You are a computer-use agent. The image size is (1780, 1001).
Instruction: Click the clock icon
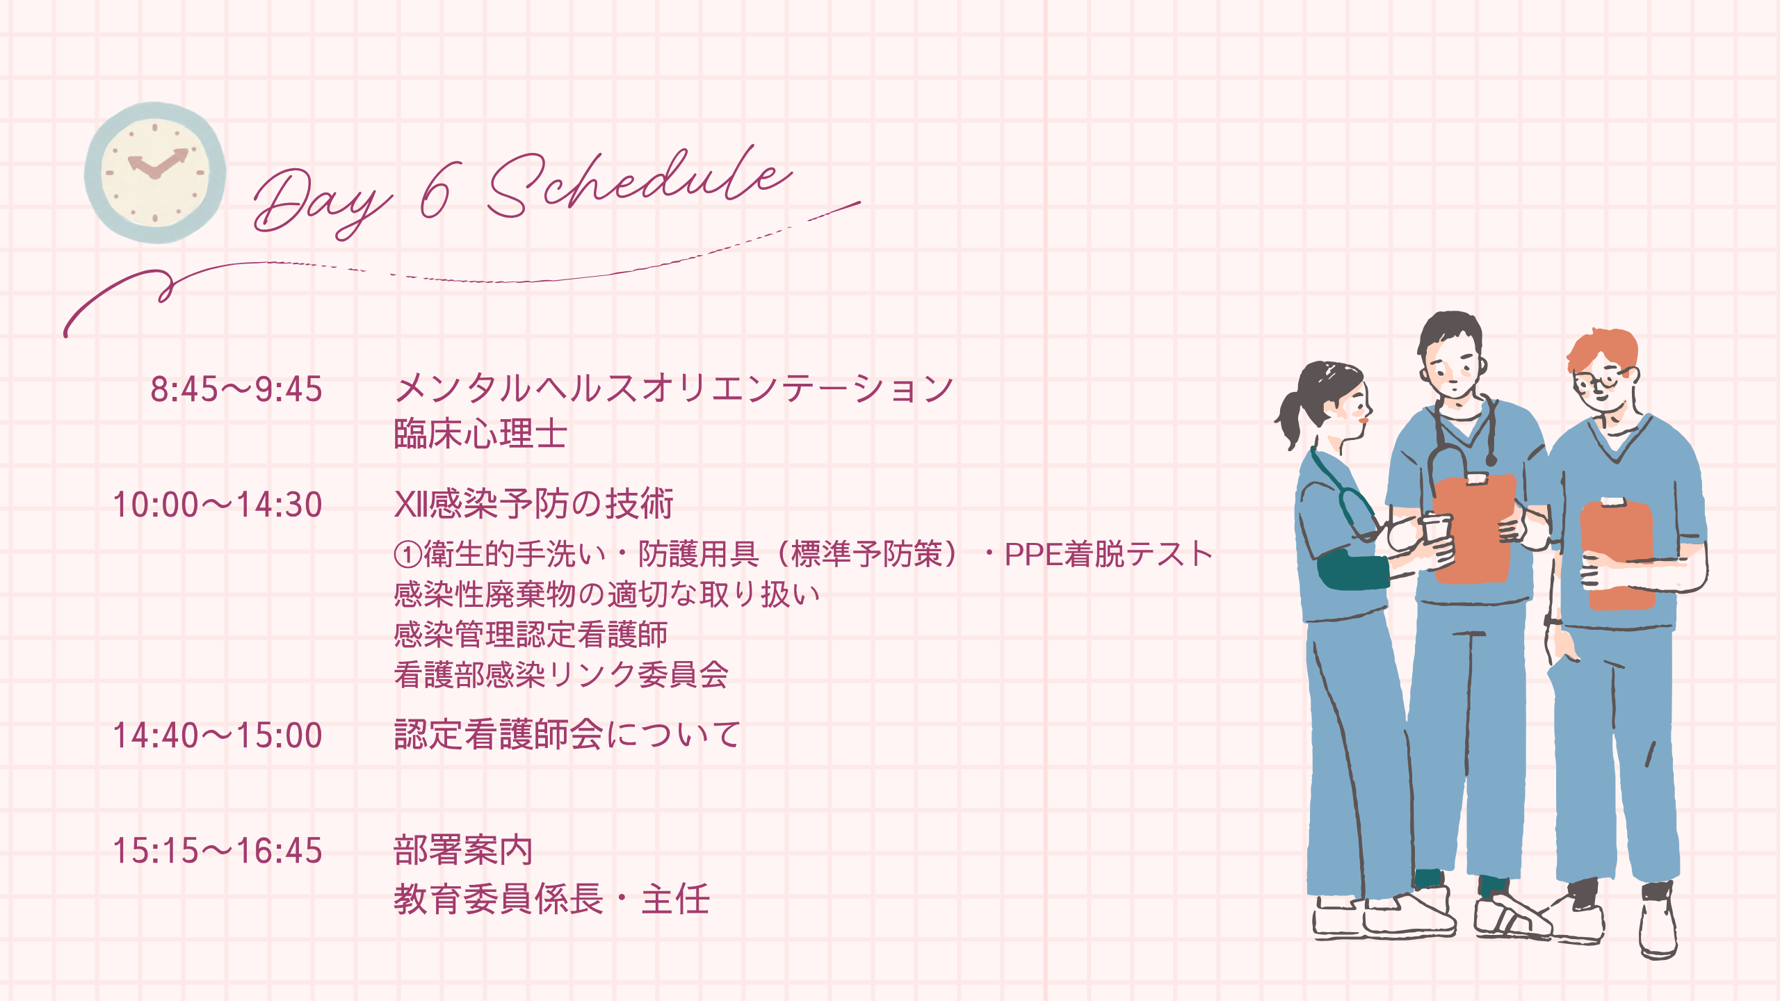tap(155, 172)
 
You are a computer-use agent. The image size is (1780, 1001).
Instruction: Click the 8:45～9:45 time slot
tap(236, 389)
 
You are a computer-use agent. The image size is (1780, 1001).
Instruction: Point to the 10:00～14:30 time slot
tap(218, 505)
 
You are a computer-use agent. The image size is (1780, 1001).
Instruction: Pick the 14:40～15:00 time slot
tap(218, 735)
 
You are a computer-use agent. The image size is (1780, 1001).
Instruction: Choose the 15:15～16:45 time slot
tap(218, 851)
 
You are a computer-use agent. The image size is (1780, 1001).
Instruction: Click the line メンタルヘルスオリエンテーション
tap(674, 388)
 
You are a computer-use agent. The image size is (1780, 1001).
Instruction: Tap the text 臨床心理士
tap(480, 434)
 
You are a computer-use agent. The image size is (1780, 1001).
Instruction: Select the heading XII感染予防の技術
tap(534, 504)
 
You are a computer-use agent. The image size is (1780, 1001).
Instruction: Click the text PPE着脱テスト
tap(1108, 554)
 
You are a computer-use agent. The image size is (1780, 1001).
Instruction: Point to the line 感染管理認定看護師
tap(531, 634)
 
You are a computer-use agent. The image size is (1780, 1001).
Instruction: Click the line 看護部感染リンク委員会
tap(561, 674)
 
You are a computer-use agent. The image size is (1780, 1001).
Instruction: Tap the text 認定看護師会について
tap(567, 735)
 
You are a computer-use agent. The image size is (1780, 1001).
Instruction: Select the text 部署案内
tap(463, 850)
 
